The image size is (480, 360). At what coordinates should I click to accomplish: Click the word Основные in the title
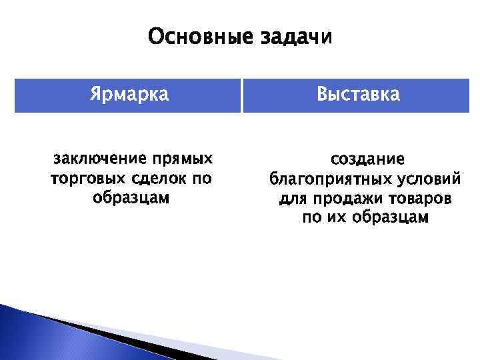(x=197, y=37)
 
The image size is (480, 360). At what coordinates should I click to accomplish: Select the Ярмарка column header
(x=129, y=95)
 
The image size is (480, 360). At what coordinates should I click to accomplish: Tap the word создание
(x=367, y=159)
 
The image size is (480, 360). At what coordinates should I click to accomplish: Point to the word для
(x=291, y=199)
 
